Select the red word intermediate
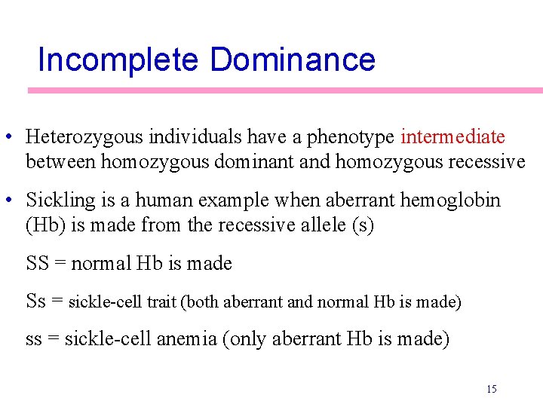452,137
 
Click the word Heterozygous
84,137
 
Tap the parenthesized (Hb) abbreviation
44,225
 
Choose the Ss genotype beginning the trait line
36,301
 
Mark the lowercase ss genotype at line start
34,339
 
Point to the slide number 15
491,390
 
